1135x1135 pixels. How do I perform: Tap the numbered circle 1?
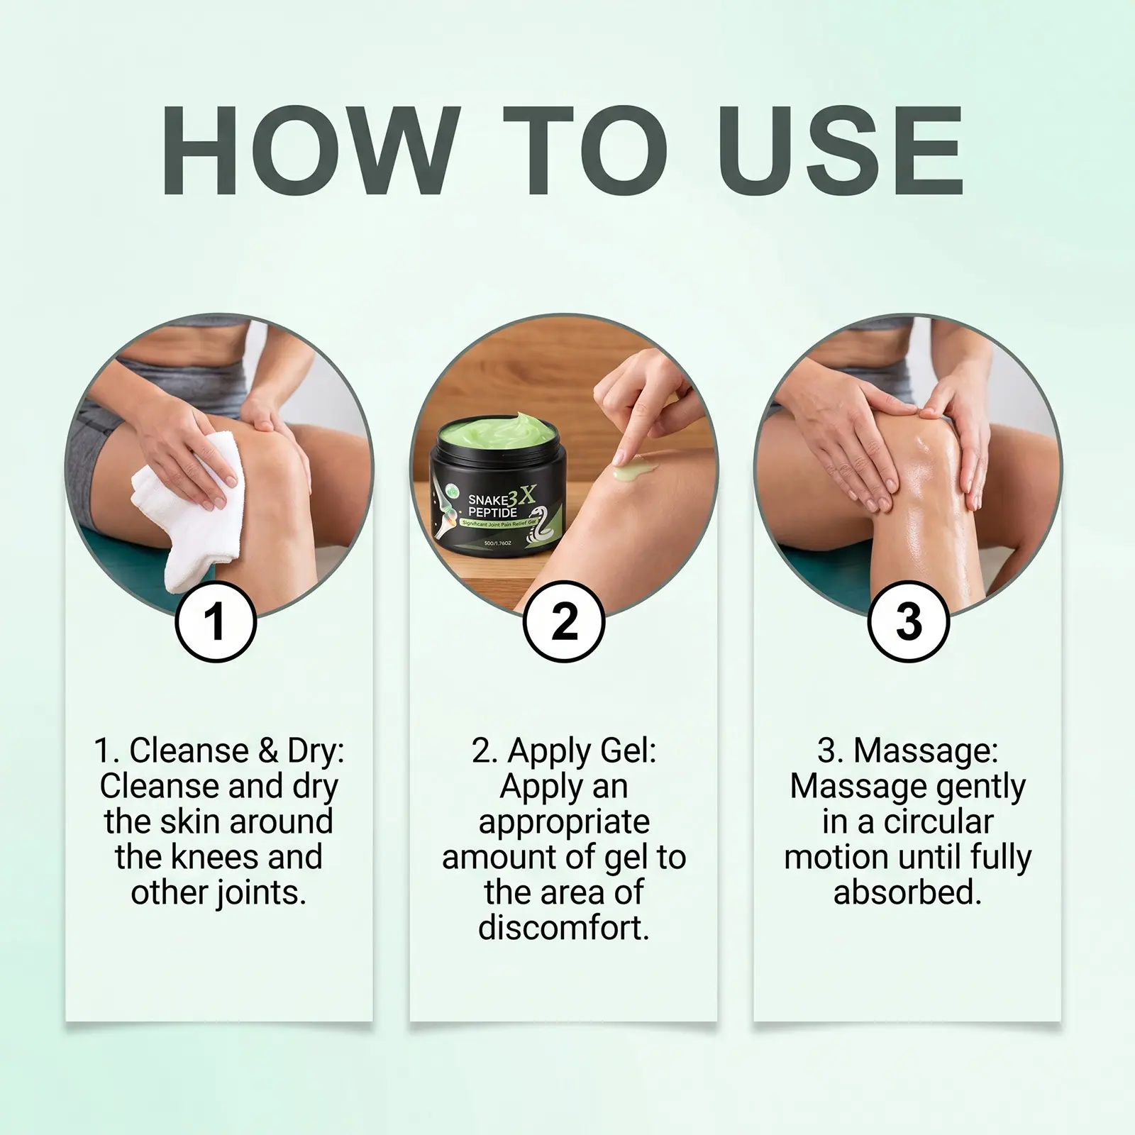[215, 621]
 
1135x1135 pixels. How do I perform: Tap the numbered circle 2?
[564, 621]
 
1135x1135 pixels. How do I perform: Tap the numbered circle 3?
[909, 621]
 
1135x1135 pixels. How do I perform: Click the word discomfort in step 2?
[564, 928]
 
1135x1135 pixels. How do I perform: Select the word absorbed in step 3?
[908, 892]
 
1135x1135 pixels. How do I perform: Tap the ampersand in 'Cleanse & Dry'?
[267, 751]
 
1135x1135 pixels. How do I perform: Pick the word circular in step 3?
[939, 821]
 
